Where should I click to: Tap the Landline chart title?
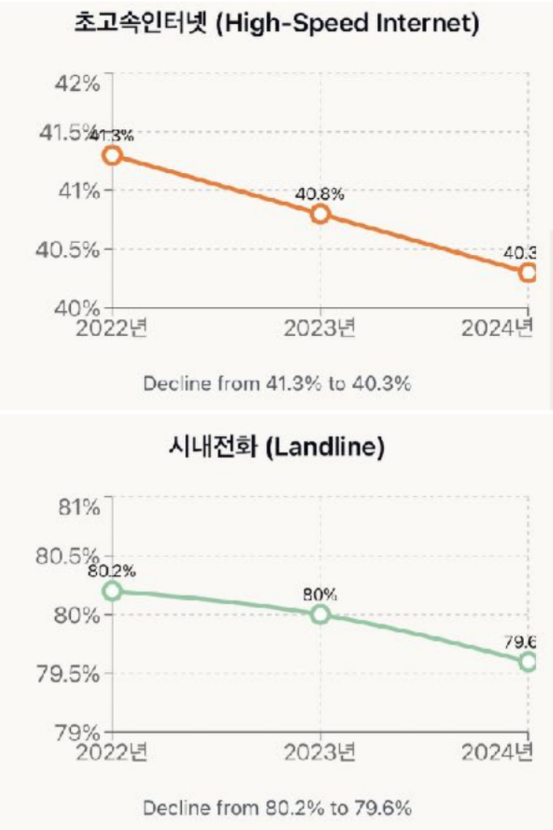pyautogui.click(x=276, y=449)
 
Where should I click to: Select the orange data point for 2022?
pyautogui.click(x=113, y=155)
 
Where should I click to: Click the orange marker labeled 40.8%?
pyautogui.click(x=320, y=214)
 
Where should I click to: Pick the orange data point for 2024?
pyautogui.click(x=528, y=272)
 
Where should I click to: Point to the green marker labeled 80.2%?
pyautogui.click(x=113, y=591)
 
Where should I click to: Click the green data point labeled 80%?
pyautogui.click(x=320, y=614)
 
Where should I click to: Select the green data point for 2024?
pyautogui.click(x=528, y=661)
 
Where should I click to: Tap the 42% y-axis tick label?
pyautogui.click(x=78, y=83)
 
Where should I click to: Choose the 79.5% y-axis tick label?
pyautogui.click(x=68, y=674)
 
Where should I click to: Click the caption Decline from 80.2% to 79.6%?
pyautogui.click(x=277, y=808)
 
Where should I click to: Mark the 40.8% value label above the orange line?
pyautogui.click(x=320, y=194)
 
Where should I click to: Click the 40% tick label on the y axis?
pyautogui.click(x=78, y=306)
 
